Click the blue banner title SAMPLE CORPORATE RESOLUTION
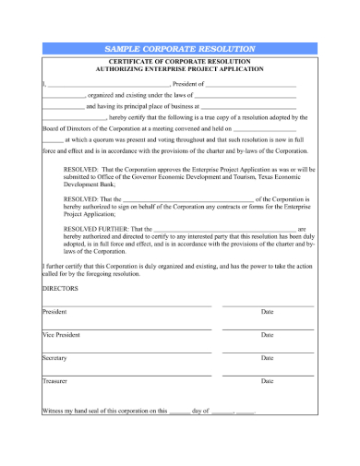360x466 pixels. point(180,47)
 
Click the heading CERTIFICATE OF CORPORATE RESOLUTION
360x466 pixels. point(180,61)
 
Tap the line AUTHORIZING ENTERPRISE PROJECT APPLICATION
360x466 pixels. point(180,68)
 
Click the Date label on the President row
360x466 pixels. point(268,311)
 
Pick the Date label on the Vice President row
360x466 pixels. point(268,334)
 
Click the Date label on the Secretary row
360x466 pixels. point(268,357)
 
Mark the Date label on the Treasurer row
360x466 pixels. point(268,380)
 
